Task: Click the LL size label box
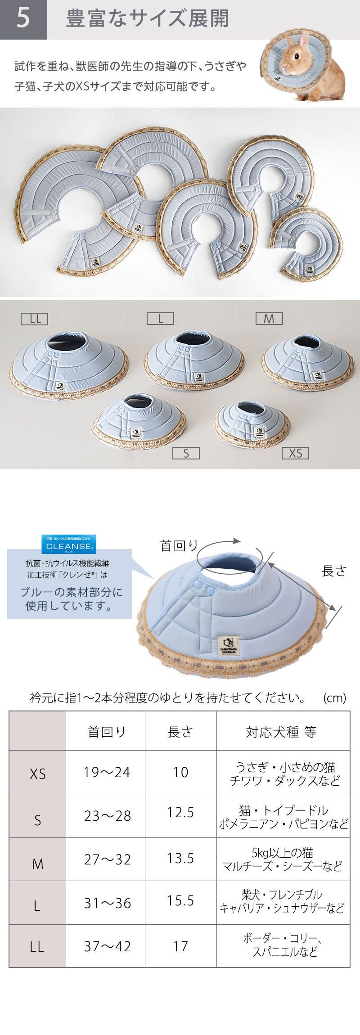point(35,319)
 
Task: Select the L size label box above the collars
point(160,319)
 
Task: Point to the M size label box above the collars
point(269,319)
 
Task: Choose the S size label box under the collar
point(186,453)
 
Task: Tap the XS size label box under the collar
point(295,453)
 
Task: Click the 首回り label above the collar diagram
point(179,545)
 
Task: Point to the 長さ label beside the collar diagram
point(334,571)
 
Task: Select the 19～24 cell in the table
point(107,772)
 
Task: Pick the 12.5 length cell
point(180,812)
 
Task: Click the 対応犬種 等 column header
point(281,732)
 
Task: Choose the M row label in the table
point(38,864)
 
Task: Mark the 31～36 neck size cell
point(108,903)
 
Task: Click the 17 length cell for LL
point(180,946)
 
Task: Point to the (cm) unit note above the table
point(335,698)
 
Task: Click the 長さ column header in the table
point(180,732)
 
